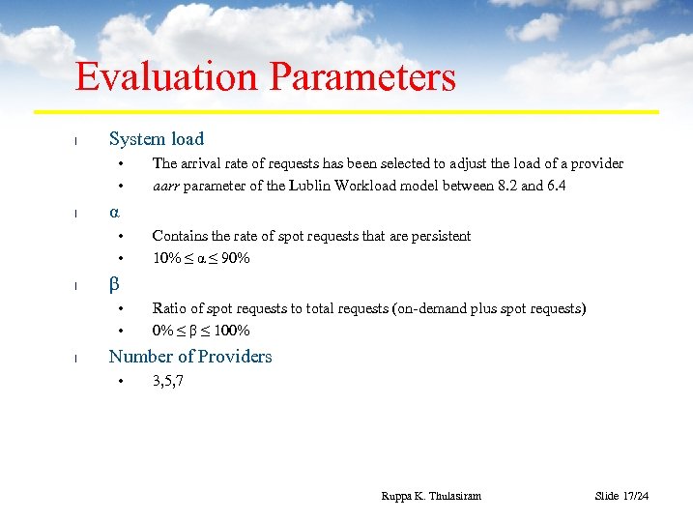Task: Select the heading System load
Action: [157, 139]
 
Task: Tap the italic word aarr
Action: [165, 186]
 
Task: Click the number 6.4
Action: [555, 186]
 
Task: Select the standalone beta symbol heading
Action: [114, 284]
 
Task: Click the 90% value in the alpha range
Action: [235, 258]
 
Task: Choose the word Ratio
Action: [168, 308]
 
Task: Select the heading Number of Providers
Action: [190, 357]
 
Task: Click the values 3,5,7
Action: [168, 381]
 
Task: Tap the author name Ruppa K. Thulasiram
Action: [431, 496]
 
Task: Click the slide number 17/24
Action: [636, 496]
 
